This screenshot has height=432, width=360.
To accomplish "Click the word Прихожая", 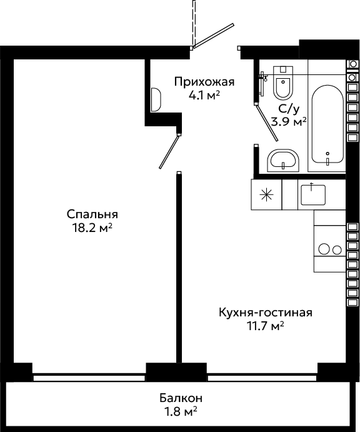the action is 204,82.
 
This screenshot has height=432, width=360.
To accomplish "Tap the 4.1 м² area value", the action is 204,95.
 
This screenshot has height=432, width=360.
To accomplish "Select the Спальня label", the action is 92,214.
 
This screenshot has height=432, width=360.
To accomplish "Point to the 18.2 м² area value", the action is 92,228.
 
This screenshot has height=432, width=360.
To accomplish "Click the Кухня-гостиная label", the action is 266,313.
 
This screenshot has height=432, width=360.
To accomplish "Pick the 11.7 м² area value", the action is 266,326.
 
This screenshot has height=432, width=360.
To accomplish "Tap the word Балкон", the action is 181,398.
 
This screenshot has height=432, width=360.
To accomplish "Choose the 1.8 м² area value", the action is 181,412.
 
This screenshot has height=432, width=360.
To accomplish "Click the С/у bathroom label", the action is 289,109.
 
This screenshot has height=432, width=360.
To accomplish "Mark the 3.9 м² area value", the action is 289,121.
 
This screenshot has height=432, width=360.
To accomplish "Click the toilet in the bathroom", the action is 282,83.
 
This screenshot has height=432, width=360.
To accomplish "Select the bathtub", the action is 327,124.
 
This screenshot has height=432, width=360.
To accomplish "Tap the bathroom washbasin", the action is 283,161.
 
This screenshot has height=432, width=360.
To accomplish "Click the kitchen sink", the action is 313,195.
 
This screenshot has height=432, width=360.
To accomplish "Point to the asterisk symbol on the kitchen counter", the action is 267,195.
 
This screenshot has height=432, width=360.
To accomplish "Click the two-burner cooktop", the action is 330,249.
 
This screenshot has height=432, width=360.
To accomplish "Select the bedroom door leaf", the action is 169,151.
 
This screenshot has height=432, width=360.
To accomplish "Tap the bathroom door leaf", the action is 267,123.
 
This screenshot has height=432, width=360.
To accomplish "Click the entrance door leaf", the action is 214,36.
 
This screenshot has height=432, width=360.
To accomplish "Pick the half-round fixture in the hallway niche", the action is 156,100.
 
